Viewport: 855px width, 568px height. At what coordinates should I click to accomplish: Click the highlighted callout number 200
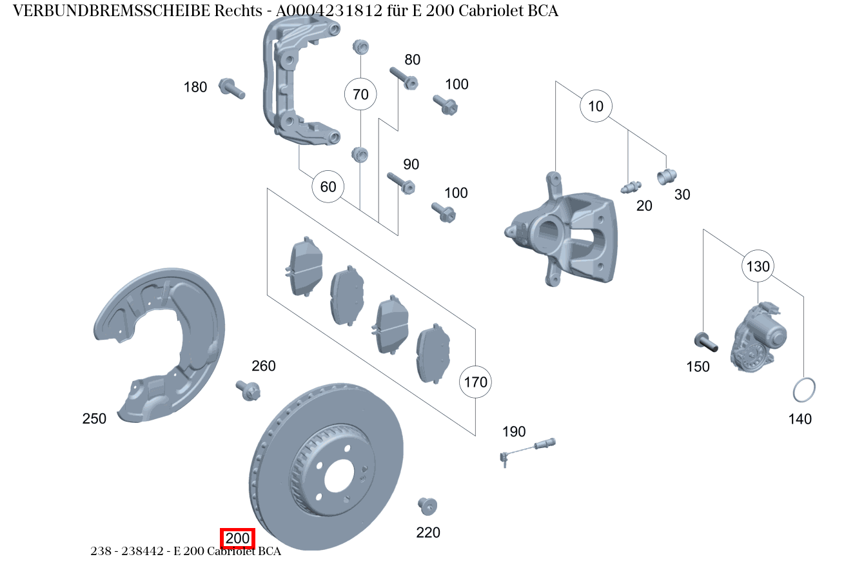tap(238, 538)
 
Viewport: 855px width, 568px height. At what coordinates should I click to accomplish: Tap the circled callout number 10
tap(596, 106)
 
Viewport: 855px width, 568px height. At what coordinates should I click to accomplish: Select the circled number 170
tap(475, 382)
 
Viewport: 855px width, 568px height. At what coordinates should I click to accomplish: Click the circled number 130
tap(758, 266)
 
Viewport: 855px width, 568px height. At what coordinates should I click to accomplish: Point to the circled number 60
tap(328, 187)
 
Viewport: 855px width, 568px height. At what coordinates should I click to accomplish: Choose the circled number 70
tap(360, 95)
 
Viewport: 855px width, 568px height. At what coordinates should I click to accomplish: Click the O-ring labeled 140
tap(803, 389)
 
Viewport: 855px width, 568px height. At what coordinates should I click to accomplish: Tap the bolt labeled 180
tap(232, 88)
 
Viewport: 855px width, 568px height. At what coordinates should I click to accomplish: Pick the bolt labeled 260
tap(248, 389)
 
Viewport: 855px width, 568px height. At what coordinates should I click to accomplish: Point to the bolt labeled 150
tap(705, 341)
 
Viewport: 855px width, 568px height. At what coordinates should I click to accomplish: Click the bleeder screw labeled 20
tap(630, 188)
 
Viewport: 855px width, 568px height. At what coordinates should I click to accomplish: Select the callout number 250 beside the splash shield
tap(94, 418)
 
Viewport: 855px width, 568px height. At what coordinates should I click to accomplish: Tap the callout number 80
tap(412, 60)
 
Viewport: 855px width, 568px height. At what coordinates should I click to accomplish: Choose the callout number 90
tap(411, 164)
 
